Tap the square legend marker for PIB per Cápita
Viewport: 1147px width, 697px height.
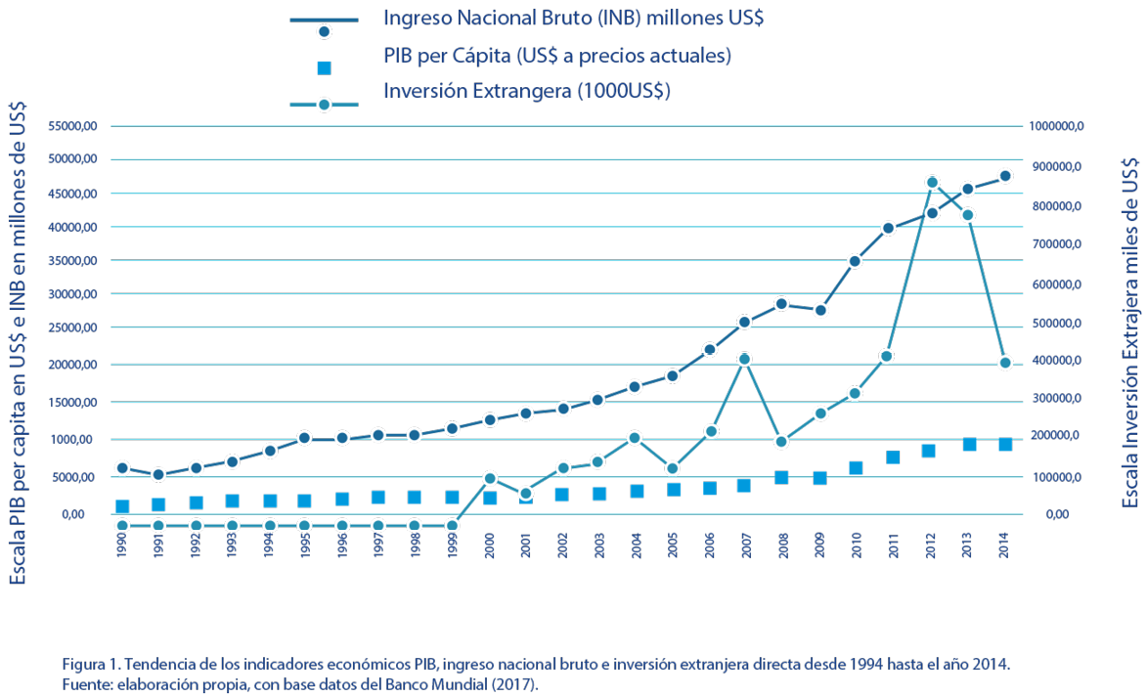[325, 67]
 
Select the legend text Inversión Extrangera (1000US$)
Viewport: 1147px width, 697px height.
[526, 92]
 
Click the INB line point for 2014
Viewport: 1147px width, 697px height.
[1004, 176]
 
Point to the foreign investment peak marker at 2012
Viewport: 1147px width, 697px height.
[932, 183]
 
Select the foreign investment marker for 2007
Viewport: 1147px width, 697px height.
[745, 359]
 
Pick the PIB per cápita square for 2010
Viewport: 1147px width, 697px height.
[856, 468]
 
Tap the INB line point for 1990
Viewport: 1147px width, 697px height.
[122, 468]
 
